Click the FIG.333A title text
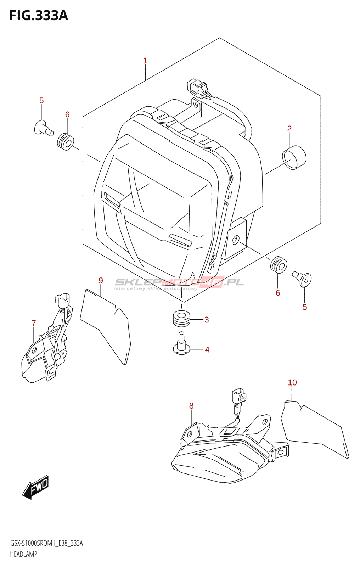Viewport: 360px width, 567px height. point(39,16)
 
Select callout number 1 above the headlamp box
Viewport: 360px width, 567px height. point(145,61)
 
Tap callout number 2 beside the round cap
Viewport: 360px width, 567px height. point(289,129)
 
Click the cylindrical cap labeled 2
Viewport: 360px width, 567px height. point(294,157)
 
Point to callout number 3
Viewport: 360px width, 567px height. point(207,320)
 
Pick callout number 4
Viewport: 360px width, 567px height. point(207,350)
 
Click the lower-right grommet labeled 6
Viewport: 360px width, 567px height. point(279,264)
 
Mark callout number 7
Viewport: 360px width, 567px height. point(34,323)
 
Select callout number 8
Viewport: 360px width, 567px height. point(191,406)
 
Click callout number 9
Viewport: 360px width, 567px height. point(101,281)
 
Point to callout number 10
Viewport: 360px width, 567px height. point(292,383)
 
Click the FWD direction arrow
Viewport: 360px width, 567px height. point(36,487)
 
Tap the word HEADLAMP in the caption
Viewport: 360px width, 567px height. point(24,554)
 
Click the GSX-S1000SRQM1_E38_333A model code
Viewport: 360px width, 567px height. point(46,543)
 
